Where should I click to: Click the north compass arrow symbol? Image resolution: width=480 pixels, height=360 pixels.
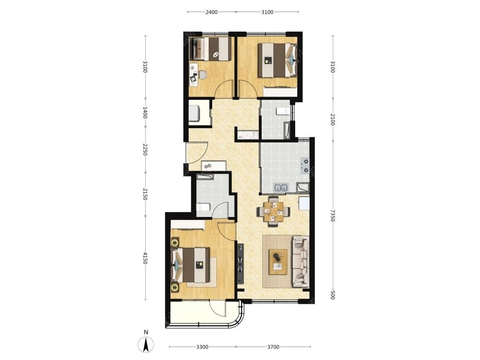pos(146,345)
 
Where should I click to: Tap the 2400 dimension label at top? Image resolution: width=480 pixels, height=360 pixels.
pos(211,12)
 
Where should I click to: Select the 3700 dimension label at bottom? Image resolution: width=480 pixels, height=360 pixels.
pos(273,347)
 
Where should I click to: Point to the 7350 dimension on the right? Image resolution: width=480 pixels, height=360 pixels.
pos(333,215)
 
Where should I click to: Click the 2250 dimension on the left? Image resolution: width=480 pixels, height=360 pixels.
pos(145,149)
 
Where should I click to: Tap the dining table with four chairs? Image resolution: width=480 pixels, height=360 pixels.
pos(274,211)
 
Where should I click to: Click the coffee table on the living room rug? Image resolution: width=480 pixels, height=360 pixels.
pos(278,262)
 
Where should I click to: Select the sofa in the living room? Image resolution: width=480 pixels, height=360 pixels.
pos(301,261)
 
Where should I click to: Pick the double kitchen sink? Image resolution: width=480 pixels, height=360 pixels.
pos(281,187)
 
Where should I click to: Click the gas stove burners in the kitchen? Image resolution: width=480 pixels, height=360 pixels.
pos(305,166)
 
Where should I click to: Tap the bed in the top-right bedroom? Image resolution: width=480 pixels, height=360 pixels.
pos(277,60)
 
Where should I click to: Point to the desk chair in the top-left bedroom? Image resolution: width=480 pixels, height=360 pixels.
pos(203,75)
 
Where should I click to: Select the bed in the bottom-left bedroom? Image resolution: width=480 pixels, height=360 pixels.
pos(191,265)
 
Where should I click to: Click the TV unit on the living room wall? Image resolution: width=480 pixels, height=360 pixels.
pos(240,263)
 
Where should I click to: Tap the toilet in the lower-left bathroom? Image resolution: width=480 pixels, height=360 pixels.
pos(203,207)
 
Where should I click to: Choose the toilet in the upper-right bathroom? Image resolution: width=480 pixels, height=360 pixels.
pos(283,111)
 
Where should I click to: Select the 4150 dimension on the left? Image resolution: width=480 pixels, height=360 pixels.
pos(145,258)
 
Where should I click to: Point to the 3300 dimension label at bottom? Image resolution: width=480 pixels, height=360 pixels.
pos(203,347)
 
